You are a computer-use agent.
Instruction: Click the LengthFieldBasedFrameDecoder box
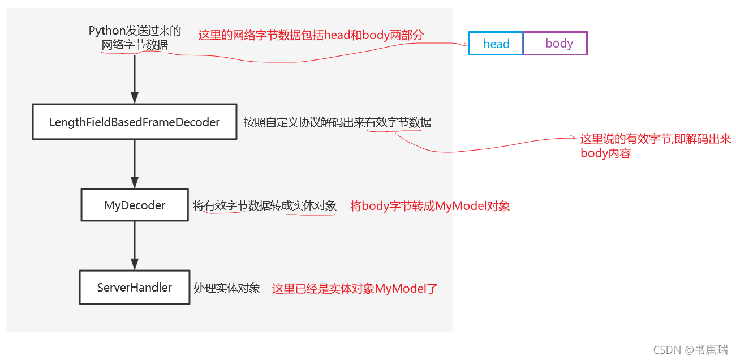(134, 122)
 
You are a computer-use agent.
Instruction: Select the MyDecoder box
(135, 205)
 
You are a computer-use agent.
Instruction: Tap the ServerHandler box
(135, 288)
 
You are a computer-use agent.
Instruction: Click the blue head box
(496, 44)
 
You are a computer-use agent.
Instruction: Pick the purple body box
(556, 44)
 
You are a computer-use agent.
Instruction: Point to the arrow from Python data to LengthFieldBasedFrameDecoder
(135, 76)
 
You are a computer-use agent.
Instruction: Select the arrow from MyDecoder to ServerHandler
(135, 245)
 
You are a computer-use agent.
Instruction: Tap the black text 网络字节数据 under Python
(135, 45)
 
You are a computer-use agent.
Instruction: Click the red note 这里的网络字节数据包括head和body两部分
(311, 35)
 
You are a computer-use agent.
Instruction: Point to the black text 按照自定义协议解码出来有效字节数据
(337, 122)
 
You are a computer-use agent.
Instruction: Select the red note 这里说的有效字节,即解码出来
(656, 139)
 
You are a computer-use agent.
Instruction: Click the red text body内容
(605, 153)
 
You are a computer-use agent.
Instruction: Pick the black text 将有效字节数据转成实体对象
(265, 206)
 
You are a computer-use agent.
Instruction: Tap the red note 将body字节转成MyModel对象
(430, 206)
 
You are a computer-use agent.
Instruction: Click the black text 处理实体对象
(227, 288)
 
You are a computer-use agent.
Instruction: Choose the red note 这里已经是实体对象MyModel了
(355, 289)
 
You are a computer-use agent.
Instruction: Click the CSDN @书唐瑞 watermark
(690, 350)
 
